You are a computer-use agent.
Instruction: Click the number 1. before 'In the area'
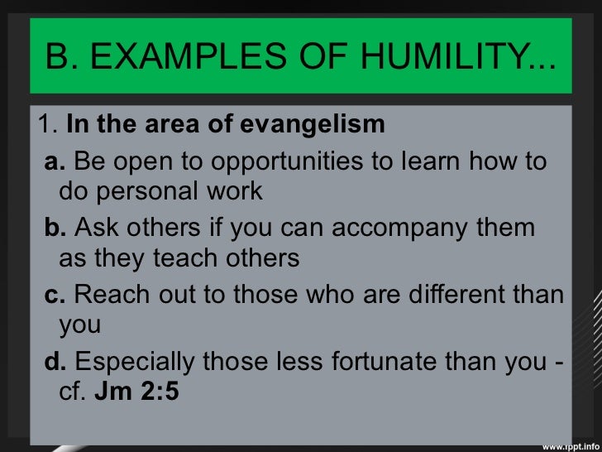47,125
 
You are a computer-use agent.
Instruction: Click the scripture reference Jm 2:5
136,392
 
